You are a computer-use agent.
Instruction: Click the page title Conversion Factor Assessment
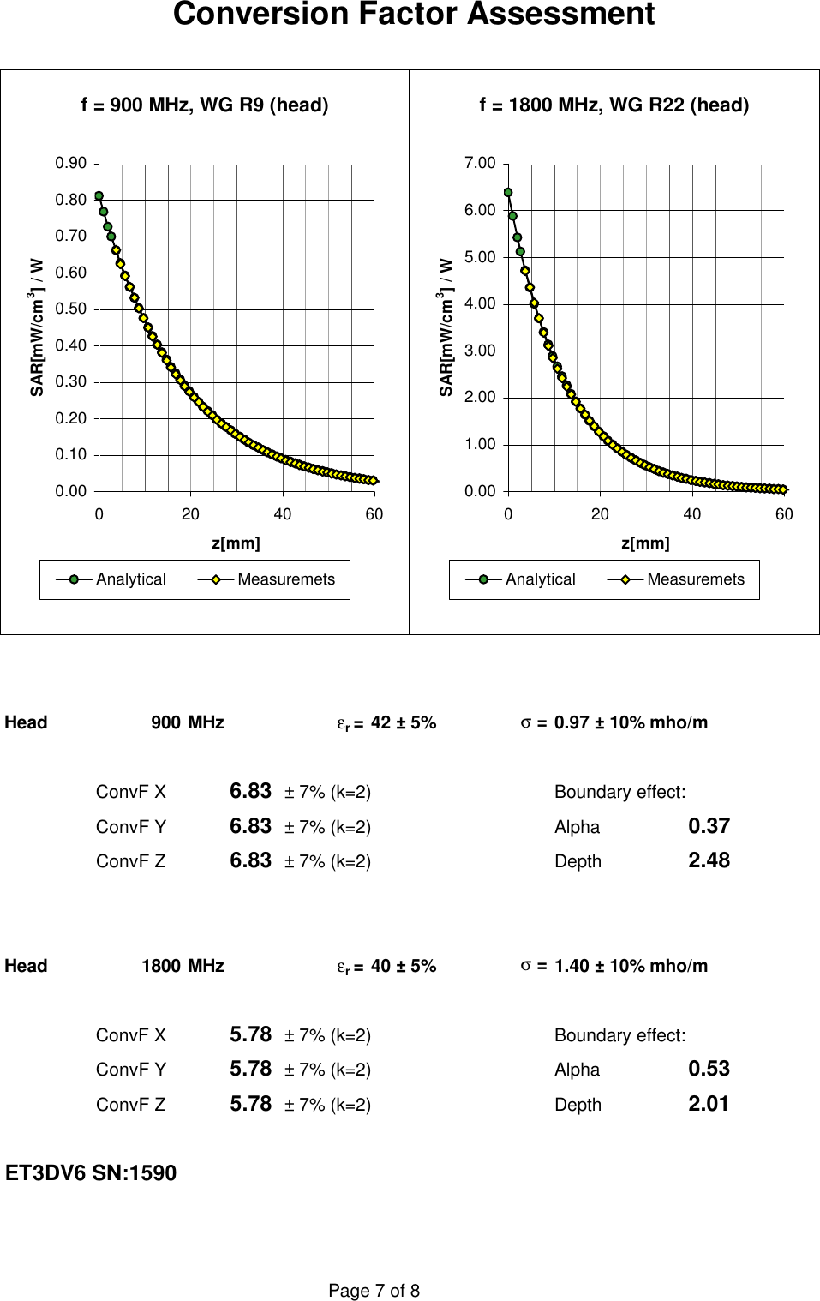point(414,15)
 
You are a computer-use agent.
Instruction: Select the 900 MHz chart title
point(205,105)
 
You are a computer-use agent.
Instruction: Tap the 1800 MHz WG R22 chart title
point(614,105)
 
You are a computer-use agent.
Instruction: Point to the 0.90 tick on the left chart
point(71,163)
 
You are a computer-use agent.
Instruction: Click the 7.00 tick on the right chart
point(480,163)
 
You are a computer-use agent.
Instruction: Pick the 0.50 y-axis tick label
point(71,309)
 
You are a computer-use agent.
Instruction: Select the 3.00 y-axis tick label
point(480,351)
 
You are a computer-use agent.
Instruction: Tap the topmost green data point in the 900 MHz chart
point(99,196)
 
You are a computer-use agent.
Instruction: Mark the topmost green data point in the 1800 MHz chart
point(508,193)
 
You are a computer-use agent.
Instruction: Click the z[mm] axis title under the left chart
point(236,543)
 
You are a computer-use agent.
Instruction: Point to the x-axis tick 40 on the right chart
point(691,514)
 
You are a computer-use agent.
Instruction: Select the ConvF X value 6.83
point(250,791)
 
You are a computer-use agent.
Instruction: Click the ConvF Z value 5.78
point(250,1104)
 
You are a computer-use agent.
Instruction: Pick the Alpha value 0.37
point(709,826)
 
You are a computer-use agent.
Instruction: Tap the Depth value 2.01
point(709,1104)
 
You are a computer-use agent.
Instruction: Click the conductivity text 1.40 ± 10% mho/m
point(631,966)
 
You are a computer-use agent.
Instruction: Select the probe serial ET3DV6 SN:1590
point(91,1173)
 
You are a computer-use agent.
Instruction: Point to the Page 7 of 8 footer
point(374,1291)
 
